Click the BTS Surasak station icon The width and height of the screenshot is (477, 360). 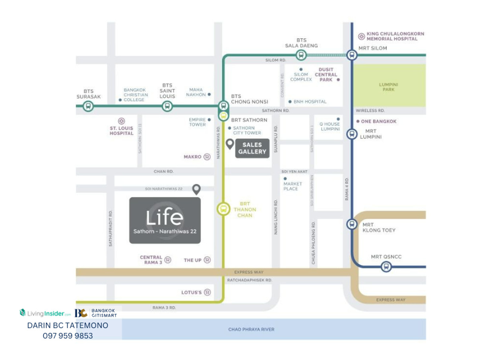click(x=88, y=106)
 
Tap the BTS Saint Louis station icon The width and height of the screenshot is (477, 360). click(x=167, y=106)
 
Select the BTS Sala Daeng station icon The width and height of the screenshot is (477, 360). click(x=301, y=55)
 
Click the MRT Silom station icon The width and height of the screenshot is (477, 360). click(x=351, y=55)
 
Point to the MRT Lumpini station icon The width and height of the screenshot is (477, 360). click(x=351, y=134)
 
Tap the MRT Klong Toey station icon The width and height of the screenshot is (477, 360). click(x=351, y=224)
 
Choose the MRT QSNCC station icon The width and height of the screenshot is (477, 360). click(x=386, y=267)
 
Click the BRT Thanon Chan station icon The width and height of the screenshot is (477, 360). click(x=223, y=208)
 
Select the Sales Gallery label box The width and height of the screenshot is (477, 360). click(x=252, y=148)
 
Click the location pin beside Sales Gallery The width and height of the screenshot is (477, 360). click(x=230, y=144)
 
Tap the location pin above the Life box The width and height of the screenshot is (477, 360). click(x=196, y=189)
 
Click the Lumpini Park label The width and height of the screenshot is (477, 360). click(x=388, y=87)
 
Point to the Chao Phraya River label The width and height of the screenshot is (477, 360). click(x=251, y=329)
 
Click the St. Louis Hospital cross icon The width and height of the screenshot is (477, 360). click(x=122, y=121)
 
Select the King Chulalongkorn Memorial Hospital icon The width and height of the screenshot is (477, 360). click(x=361, y=37)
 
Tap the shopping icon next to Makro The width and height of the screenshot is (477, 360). click(x=207, y=157)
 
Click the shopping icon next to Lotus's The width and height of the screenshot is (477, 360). click(x=207, y=292)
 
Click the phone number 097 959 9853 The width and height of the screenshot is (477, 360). click(x=68, y=336)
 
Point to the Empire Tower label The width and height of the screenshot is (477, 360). click(x=198, y=122)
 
